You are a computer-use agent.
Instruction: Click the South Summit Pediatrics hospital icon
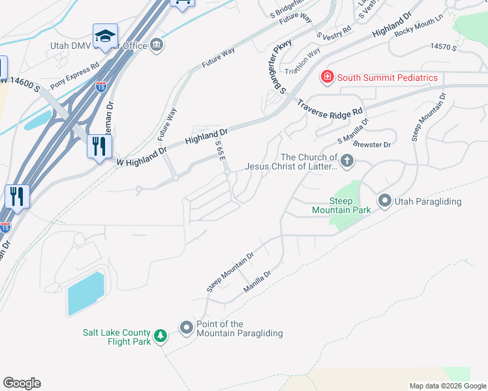pyautogui.click(x=327, y=78)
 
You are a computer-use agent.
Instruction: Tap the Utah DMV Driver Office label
pyautogui.click(x=98, y=46)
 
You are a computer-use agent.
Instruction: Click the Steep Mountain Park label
pyautogui.click(x=341, y=205)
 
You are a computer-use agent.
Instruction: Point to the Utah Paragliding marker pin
pyautogui.click(x=384, y=201)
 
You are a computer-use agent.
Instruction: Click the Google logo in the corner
pyautogui.click(x=22, y=383)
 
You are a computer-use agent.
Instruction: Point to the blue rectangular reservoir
pyautogui.click(x=85, y=294)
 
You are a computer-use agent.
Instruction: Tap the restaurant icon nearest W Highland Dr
pyautogui.click(x=99, y=147)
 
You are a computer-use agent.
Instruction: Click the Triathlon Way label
pyautogui.click(x=301, y=62)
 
